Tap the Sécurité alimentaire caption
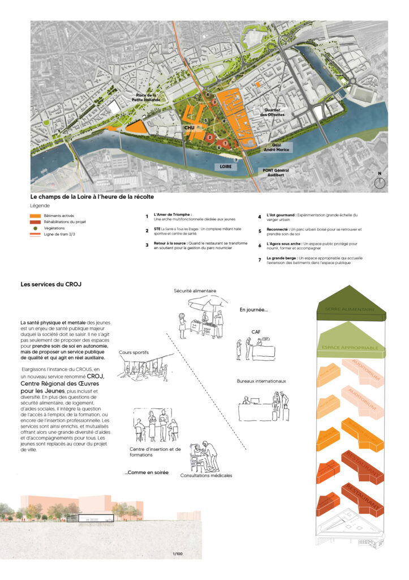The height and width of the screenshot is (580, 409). coord(195,291)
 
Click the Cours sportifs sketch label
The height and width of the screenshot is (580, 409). coord(134,352)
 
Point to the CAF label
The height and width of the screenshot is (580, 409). coord(256,332)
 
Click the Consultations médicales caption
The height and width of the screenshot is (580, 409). coord(206,476)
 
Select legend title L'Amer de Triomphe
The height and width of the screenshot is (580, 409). coord(173,215)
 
